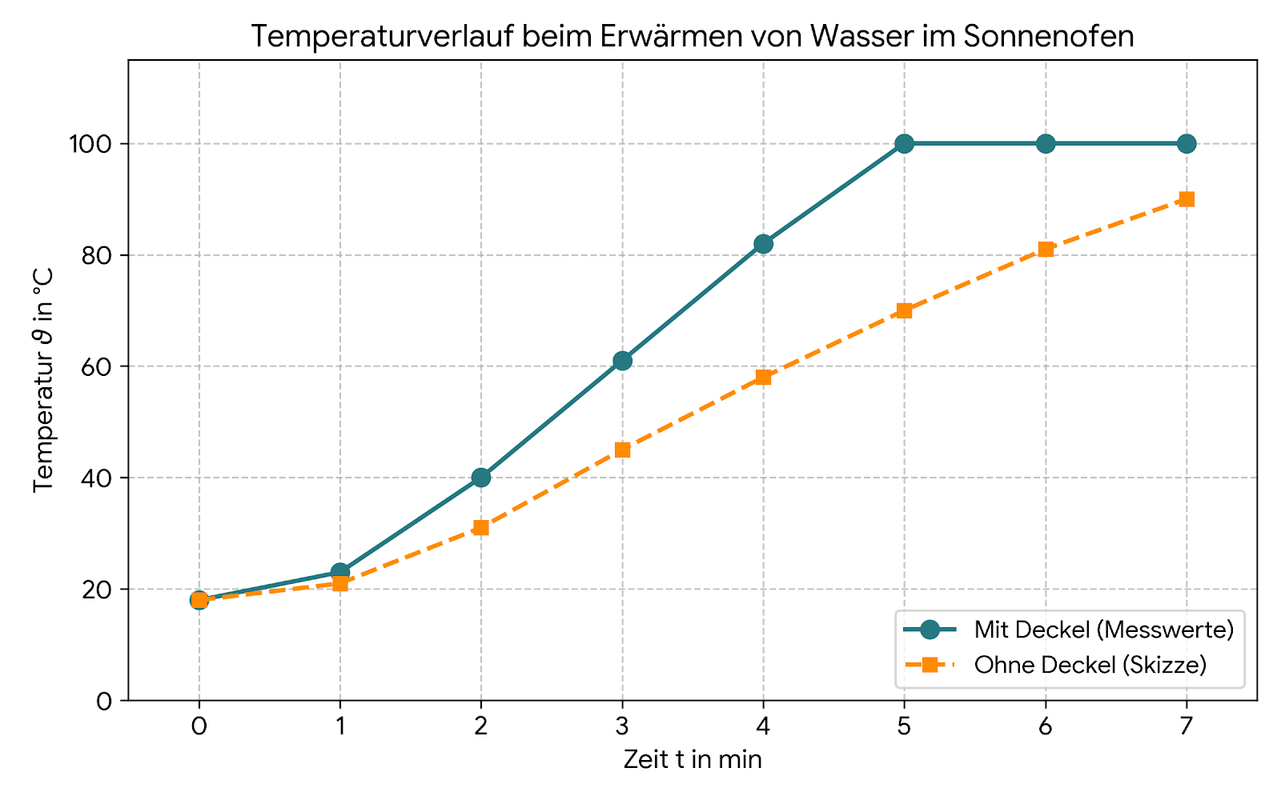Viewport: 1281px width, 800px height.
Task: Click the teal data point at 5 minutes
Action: coord(904,144)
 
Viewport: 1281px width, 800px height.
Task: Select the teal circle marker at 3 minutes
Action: coord(622,361)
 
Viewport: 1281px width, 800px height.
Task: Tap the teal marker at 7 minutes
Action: coord(1187,144)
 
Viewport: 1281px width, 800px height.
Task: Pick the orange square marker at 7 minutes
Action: coord(1187,199)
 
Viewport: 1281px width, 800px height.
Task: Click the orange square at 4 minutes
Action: coord(763,378)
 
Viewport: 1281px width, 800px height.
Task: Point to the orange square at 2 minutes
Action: coord(481,527)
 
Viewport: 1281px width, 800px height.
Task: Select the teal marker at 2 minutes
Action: coord(481,478)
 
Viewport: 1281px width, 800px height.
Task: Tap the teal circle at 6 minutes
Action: coord(1046,144)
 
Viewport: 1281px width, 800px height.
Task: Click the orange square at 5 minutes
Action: coord(904,310)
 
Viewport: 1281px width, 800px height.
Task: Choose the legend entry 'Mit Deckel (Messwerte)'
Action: coord(1103,630)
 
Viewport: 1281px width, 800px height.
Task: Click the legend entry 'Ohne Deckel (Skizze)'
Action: coord(1090,665)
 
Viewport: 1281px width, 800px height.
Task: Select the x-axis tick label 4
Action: coord(763,726)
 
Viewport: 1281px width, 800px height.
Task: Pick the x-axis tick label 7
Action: coord(1187,726)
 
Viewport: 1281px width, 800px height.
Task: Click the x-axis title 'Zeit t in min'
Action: coord(693,759)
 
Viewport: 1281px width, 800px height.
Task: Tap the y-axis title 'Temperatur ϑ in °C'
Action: coord(43,380)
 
